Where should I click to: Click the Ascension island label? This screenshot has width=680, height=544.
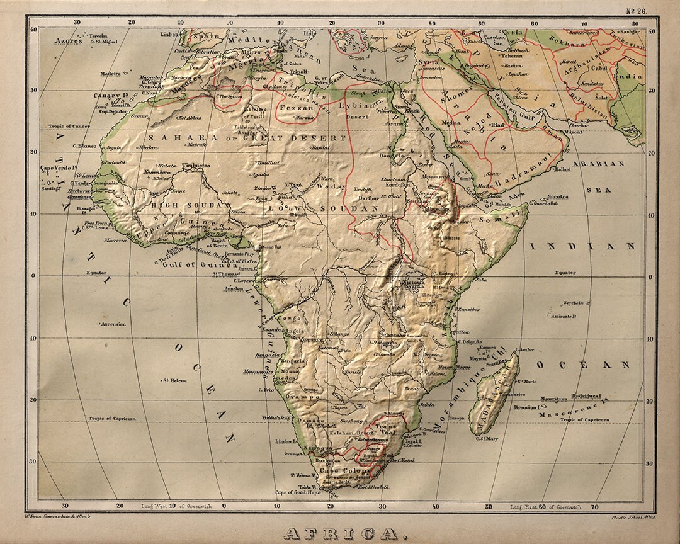tap(113, 324)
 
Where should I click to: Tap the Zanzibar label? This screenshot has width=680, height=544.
tap(468, 309)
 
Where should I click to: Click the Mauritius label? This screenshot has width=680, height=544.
tap(553, 399)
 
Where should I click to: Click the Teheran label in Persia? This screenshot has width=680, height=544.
tap(511, 56)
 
